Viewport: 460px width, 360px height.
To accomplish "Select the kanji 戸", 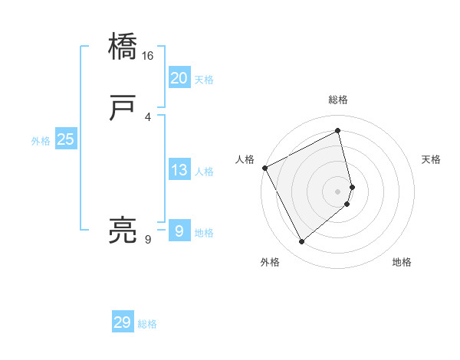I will click(123, 110).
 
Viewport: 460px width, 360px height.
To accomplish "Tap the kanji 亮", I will click(123, 231).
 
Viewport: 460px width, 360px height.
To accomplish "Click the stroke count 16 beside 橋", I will click(148, 57).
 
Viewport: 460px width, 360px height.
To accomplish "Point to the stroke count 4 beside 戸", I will click(148, 116).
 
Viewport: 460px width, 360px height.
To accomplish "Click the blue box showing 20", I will click(179, 78).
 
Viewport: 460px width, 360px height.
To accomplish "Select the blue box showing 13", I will click(179, 171).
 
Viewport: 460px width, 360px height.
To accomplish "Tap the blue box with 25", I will click(65, 139).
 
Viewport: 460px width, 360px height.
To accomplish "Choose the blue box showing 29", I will click(123, 322).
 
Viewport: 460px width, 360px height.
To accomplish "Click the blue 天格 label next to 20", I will click(204, 80).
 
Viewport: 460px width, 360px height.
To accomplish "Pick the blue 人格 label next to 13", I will click(204, 172).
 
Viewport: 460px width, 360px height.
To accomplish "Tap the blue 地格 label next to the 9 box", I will click(204, 233).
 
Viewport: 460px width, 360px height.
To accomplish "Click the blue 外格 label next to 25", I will click(41, 141).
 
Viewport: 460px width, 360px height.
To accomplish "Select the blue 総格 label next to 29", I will click(147, 324).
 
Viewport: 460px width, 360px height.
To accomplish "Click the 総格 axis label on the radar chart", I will click(337, 100).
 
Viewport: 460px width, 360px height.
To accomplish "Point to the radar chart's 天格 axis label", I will click(432, 159).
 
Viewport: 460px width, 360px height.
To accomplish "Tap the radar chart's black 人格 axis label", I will click(245, 159).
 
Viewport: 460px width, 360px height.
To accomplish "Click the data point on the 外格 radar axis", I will click(301, 242).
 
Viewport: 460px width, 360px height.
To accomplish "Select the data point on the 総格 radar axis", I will click(338, 131).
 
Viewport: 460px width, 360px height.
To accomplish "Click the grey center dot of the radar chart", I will click(338, 191).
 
